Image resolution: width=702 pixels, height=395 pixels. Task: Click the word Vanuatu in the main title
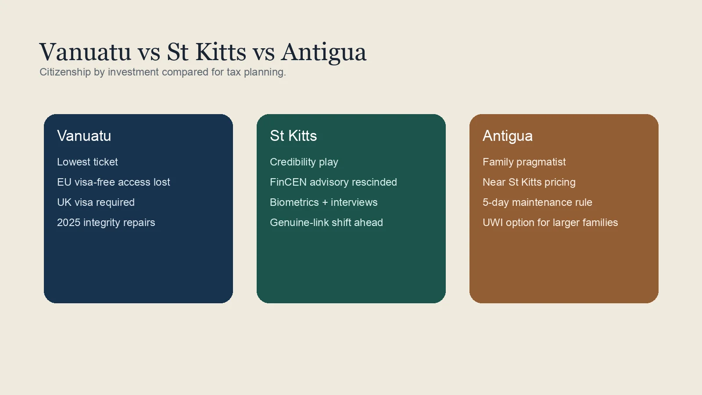click(85, 52)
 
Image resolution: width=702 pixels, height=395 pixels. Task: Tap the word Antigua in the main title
click(323, 52)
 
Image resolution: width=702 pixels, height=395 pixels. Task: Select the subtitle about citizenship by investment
click(162, 72)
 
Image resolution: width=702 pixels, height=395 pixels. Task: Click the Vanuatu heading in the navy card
click(84, 136)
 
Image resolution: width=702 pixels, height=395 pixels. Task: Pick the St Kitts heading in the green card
click(293, 136)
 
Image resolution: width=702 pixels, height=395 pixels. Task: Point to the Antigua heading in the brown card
click(507, 136)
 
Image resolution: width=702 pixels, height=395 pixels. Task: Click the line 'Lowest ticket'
click(87, 162)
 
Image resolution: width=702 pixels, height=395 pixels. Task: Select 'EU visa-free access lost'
click(113, 182)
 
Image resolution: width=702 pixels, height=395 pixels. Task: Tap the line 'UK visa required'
click(96, 202)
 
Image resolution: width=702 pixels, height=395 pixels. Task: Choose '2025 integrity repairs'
click(106, 223)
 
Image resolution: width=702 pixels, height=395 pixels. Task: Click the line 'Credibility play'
click(304, 162)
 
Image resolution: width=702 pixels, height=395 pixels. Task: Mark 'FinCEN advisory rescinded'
click(333, 182)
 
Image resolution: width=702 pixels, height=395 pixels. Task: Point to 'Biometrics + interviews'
click(323, 202)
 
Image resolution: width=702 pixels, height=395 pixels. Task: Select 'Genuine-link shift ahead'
click(326, 223)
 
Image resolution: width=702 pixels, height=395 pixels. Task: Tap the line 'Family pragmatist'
click(524, 162)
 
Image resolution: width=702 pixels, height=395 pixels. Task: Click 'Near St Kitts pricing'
click(529, 182)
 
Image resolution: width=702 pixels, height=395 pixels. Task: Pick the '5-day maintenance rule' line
click(537, 202)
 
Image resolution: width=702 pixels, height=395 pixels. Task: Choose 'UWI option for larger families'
click(550, 223)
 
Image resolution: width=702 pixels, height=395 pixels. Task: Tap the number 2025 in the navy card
click(68, 223)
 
